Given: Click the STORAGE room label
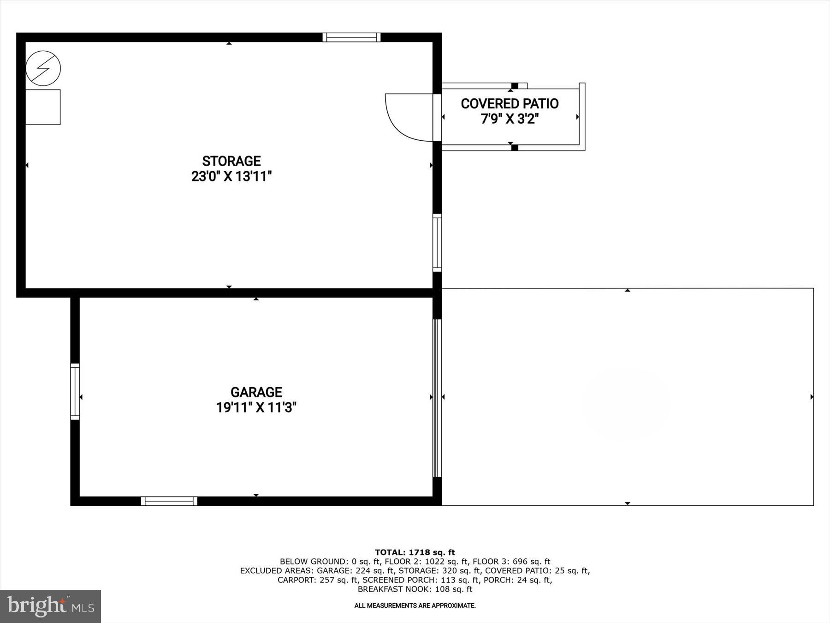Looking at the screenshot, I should tap(231, 161).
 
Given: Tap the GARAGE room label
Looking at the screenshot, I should tap(256, 392).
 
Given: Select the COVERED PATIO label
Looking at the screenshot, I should tap(510, 104).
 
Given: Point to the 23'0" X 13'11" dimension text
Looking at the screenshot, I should tap(231, 177).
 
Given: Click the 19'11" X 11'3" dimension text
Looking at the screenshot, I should tap(256, 408).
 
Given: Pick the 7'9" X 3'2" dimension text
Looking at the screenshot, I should tap(510, 119).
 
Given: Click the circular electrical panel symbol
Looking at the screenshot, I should tap(43, 68).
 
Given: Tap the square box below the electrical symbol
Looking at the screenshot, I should tap(43, 107).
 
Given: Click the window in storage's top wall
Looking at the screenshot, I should tap(351, 37).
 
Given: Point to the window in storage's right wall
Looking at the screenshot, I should tap(437, 243).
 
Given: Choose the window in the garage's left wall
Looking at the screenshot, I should tap(75, 392).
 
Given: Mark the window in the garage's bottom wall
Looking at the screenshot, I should tap(169, 501).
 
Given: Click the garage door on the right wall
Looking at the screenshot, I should tap(437, 398).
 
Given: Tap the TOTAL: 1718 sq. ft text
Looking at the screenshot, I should tap(415, 552).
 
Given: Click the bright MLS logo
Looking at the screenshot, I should tap(50, 606).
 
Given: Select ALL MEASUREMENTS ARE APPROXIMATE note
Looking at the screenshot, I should tap(415, 605).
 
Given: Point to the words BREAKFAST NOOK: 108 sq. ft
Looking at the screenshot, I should tap(415, 589).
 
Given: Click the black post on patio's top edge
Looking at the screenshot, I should tap(515, 86).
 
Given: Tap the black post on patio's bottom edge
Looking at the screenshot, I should tap(515, 148).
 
